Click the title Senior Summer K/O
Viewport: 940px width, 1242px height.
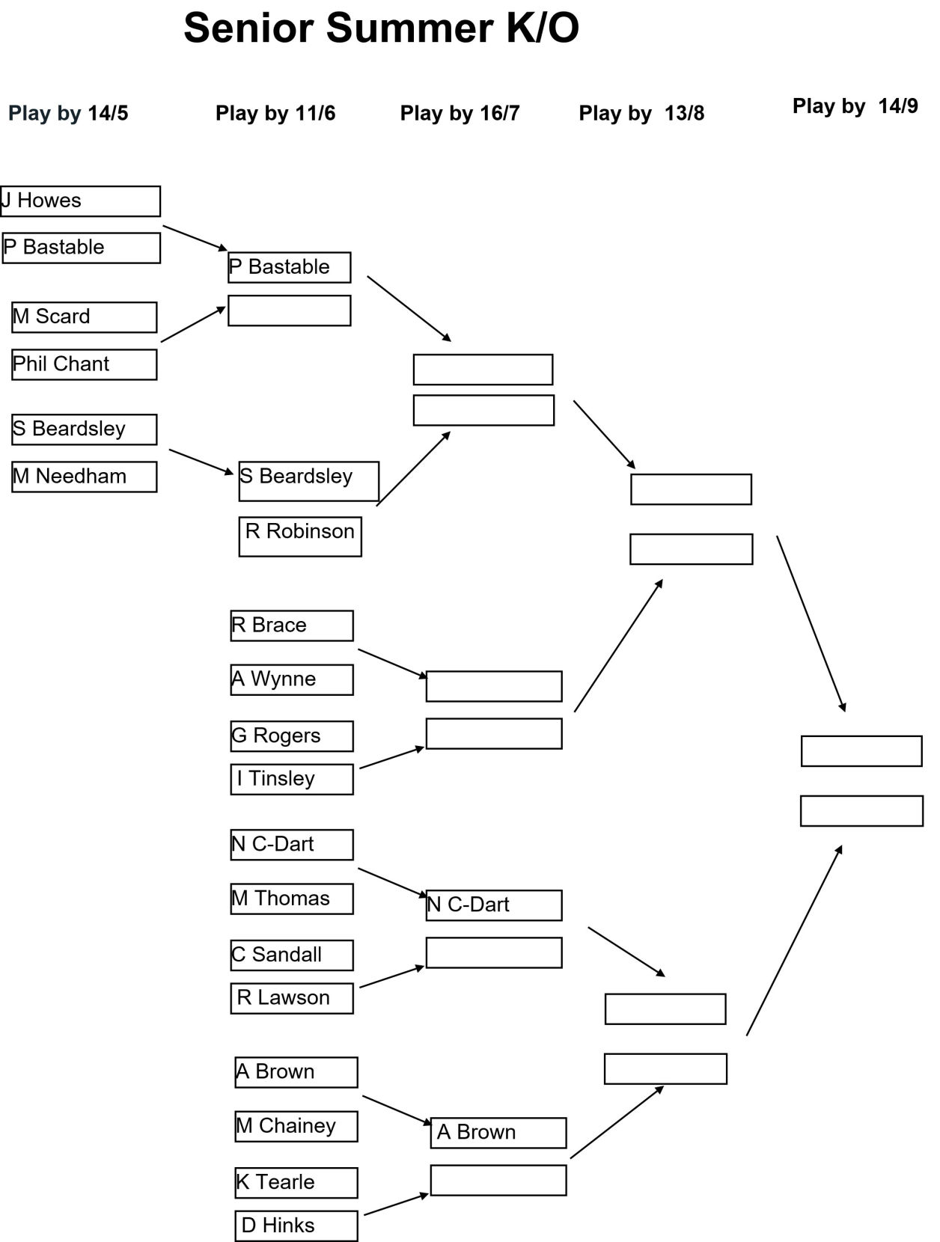tap(382, 28)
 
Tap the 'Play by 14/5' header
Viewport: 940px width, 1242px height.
tap(68, 113)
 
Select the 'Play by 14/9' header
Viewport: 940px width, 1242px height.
tap(855, 105)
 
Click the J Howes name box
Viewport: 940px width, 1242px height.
tap(80, 201)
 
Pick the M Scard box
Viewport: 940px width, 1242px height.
tap(85, 317)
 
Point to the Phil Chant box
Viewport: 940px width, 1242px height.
tap(85, 364)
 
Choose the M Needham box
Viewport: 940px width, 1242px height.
tap(85, 477)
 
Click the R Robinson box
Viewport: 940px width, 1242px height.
tap(300, 536)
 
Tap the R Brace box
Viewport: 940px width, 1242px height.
tap(292, 625)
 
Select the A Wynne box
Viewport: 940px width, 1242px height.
tap(292, 679)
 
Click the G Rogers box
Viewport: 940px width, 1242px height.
tap(292, 736)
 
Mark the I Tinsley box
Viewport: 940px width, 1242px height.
tap(292, 779)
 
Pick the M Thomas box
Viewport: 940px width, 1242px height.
tap(292, 899)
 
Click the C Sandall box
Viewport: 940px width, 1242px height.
tap(292, 955)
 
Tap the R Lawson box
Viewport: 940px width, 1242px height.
tap(292, 998)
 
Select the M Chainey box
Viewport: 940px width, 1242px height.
tap(296, 1127)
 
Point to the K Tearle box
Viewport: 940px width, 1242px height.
tap(296, 1183)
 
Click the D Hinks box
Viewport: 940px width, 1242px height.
tap(296, 1226)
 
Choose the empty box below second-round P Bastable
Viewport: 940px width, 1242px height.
tap(289, 310)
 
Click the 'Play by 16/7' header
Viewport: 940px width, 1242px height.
tap(460, 113)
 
